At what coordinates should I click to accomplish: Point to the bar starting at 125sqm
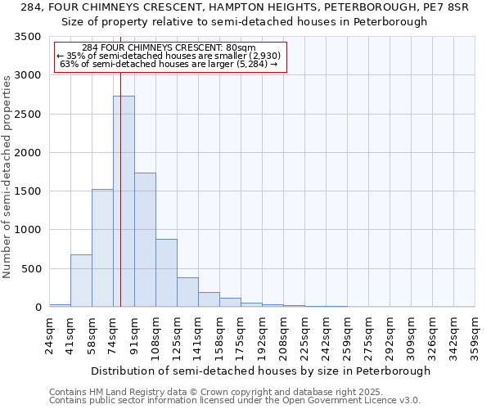(x=187, y=292)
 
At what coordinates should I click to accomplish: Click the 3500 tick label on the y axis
(x=27, y=38)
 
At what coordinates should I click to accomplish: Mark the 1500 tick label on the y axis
(x=27, y=191)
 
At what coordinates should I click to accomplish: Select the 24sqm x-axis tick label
(x=50, y=336)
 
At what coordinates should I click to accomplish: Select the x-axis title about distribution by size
(x=260, y=371)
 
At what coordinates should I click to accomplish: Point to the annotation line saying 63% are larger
(x=169, y=64)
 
